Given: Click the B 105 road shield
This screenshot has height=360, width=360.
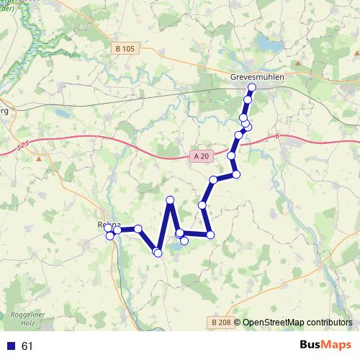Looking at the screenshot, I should pos(125,49).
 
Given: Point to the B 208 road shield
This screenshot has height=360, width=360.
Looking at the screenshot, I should pos(222,322).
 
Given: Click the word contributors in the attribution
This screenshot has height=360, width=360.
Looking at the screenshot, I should pos(330,323).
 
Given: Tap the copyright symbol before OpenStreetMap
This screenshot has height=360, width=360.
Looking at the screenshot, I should pos(237,323).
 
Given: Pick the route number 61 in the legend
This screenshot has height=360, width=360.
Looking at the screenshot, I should pos(27,346).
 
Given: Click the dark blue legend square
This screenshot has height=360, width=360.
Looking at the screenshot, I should pos(11,346).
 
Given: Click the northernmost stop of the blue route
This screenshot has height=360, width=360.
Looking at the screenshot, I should pos(251,87).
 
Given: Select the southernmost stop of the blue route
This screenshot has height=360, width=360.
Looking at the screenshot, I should pos(158,251).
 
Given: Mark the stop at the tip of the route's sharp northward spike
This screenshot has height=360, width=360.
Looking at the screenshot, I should pos(170,199).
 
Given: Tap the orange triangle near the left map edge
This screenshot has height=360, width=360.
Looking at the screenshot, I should pos(38,158).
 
